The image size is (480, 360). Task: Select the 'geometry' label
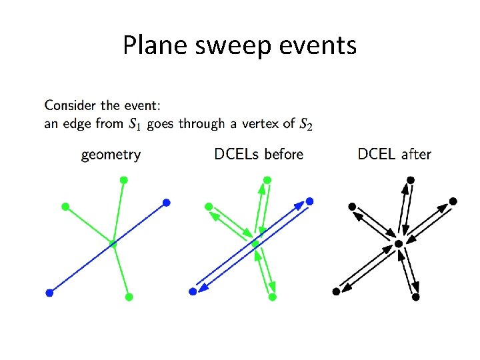click(x=111, y=155)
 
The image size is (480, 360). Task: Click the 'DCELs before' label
click(x=259, y=155)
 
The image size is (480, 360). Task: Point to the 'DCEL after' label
click(x=394, y=155)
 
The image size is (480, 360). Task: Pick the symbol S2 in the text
click(x=305, y=123)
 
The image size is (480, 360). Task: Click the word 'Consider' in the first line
click(x=70, y=105)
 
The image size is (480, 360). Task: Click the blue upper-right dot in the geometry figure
click(x=167, y=202)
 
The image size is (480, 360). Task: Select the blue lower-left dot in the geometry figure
click(x=49, y=293)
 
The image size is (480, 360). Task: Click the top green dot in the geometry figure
click(x=123, y=180)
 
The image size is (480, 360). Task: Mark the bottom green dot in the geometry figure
click(x=129, y=297)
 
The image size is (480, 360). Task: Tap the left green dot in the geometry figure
click(x=65, y=206)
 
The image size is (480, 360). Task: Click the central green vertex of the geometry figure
click(x=113, y=244)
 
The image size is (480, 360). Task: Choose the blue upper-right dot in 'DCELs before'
click(x=309, y=201)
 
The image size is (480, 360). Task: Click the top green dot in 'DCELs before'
click(x=267, y=180)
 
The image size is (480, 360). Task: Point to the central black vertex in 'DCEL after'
click(x=399, y=244)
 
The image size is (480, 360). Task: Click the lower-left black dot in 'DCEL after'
click(x=336, y=291)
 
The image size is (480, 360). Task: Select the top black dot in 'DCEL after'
click(x=411, y=180)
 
